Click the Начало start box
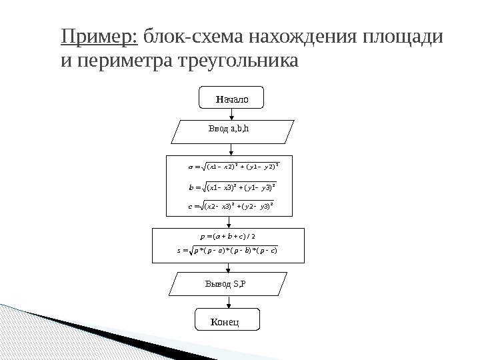[231, 99]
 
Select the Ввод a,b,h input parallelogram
[233, 131]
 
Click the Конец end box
[226, 320]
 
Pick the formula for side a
[233, 164]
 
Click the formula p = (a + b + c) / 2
[227, 236]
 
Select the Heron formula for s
[227, 251]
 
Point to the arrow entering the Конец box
[228, 304]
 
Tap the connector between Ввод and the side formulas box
[229, 149]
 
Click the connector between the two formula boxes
[229, 223]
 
